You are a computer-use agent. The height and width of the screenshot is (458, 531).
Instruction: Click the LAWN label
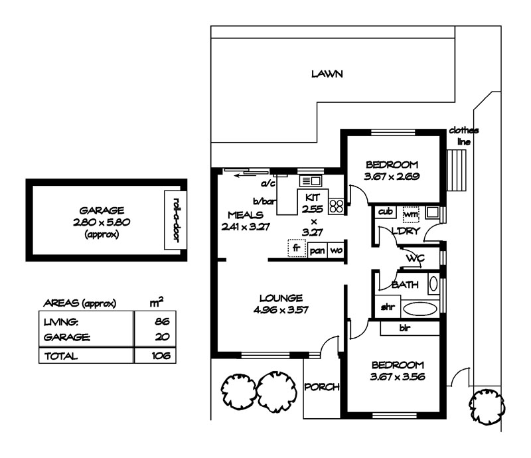click(327, 74)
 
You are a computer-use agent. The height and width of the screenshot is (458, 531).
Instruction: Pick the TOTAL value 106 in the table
click(160, 356)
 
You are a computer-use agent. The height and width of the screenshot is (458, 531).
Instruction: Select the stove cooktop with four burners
click(337, 206)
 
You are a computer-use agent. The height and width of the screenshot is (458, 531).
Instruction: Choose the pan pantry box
click(316, 251)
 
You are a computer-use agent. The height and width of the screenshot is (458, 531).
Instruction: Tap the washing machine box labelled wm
click(411, 213)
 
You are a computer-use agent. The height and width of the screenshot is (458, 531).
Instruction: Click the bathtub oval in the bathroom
click(417, 308)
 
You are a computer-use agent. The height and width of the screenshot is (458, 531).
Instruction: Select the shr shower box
click(387, 307)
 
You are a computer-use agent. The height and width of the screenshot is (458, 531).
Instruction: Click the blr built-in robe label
click(404, 327)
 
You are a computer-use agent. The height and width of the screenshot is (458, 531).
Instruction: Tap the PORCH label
click(321, 386)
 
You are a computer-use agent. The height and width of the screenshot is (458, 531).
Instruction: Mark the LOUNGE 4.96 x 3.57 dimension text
click(281, 303)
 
